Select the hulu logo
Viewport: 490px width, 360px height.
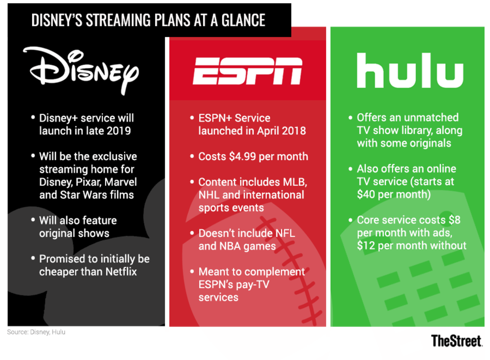pyautogui.click(x=410, y=72)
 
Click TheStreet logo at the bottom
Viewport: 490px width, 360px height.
pyautogui.click(x=456, y=341)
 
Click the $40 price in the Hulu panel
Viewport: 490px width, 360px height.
pyautogui.click(x=366, y=195)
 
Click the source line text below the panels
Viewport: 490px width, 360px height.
pyautogui.click(x=36, y=332)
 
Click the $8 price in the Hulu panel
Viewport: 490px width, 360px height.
pyautogui.click(x=454, y=220)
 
